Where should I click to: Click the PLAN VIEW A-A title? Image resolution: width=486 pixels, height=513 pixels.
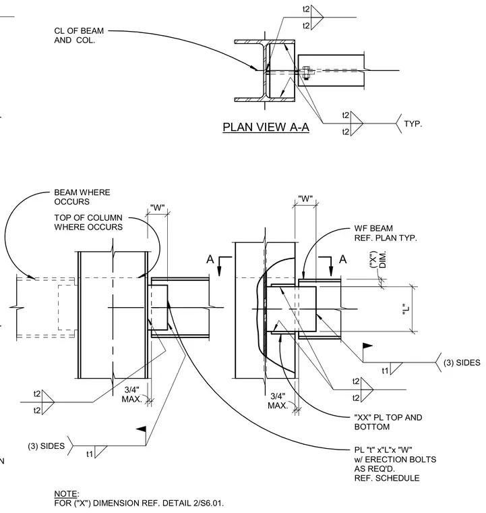tap(266, 128)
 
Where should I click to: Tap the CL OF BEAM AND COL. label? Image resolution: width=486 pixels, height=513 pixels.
tap(79, 35)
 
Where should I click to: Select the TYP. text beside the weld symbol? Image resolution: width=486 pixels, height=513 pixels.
tap(413, 124)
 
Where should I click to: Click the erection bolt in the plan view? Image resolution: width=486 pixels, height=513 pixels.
tap(306, 73)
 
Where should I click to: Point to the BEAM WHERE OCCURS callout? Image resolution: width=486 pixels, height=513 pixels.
tap(82, 196)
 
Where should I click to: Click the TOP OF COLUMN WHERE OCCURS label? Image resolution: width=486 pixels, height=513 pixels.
tap(88, 222)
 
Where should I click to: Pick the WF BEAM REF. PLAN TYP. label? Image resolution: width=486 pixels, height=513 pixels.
tap(386, 233)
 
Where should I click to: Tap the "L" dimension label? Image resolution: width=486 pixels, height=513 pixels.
tap(406, 309)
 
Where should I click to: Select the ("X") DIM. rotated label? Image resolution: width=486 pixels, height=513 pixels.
tap(378, 260)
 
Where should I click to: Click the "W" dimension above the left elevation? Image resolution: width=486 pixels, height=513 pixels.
tap(158, 207)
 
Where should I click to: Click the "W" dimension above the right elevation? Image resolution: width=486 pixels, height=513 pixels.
tap(305, 198)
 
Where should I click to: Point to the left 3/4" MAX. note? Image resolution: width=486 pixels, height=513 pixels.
tap(132, 395)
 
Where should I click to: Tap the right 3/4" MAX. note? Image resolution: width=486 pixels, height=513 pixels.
tap(278, 401)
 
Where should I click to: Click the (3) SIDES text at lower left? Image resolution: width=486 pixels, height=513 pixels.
tap(46, 446)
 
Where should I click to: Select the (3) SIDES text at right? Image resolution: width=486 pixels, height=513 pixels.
tap(462, 362)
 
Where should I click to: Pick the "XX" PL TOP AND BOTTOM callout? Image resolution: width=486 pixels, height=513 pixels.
tap(388, 422)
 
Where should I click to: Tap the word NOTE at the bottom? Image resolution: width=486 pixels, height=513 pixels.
tap(66, 493)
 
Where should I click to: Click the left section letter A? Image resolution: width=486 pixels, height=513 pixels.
tap(210, 259)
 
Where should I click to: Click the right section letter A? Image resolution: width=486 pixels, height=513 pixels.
tap(342, 259)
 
